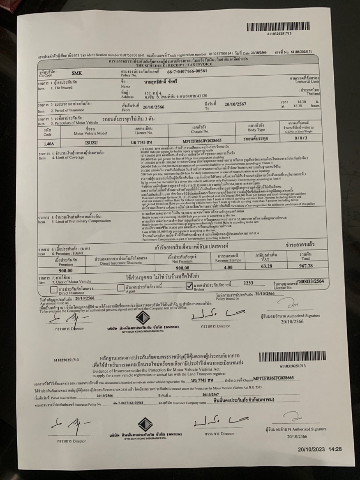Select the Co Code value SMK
[x=76, y=73]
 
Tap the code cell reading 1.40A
[x=49, y=143]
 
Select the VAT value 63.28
[x=266, y=266]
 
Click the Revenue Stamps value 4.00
[x=228, y=267]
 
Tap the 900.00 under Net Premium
[x=183, y=268]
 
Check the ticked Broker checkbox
[x=189, y=286]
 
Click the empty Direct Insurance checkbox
[x=54, y=289]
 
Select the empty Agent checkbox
[x=120, y=288]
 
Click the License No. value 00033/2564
[x=310, y=281]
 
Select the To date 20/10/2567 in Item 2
[x=235, y=104]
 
